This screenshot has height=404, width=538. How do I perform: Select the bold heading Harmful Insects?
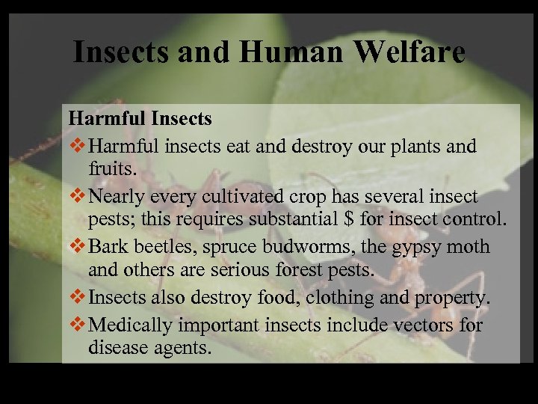(140, 118)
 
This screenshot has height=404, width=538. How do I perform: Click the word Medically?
(130, 325)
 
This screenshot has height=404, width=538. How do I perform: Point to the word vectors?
(427, 325)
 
